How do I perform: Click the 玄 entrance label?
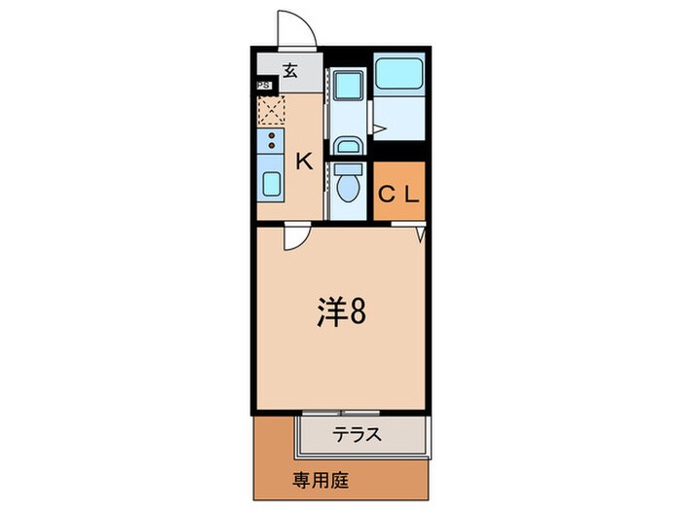click(x=290, y=70)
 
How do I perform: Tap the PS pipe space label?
click(x=263, y=86)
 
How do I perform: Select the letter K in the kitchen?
click(x=304, y=162)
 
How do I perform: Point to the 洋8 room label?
click(x=340, y=313)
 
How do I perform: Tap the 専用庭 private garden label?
click(x=321, y=480)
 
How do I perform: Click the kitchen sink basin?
click(x=270, y=182)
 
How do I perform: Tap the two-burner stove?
click(x=270, y=144)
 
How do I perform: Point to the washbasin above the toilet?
click(x=347, y=146)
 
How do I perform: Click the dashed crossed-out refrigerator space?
click(x=271, y=111)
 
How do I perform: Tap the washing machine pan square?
click(x=345, y=85)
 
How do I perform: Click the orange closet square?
click(x=399, y=192)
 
